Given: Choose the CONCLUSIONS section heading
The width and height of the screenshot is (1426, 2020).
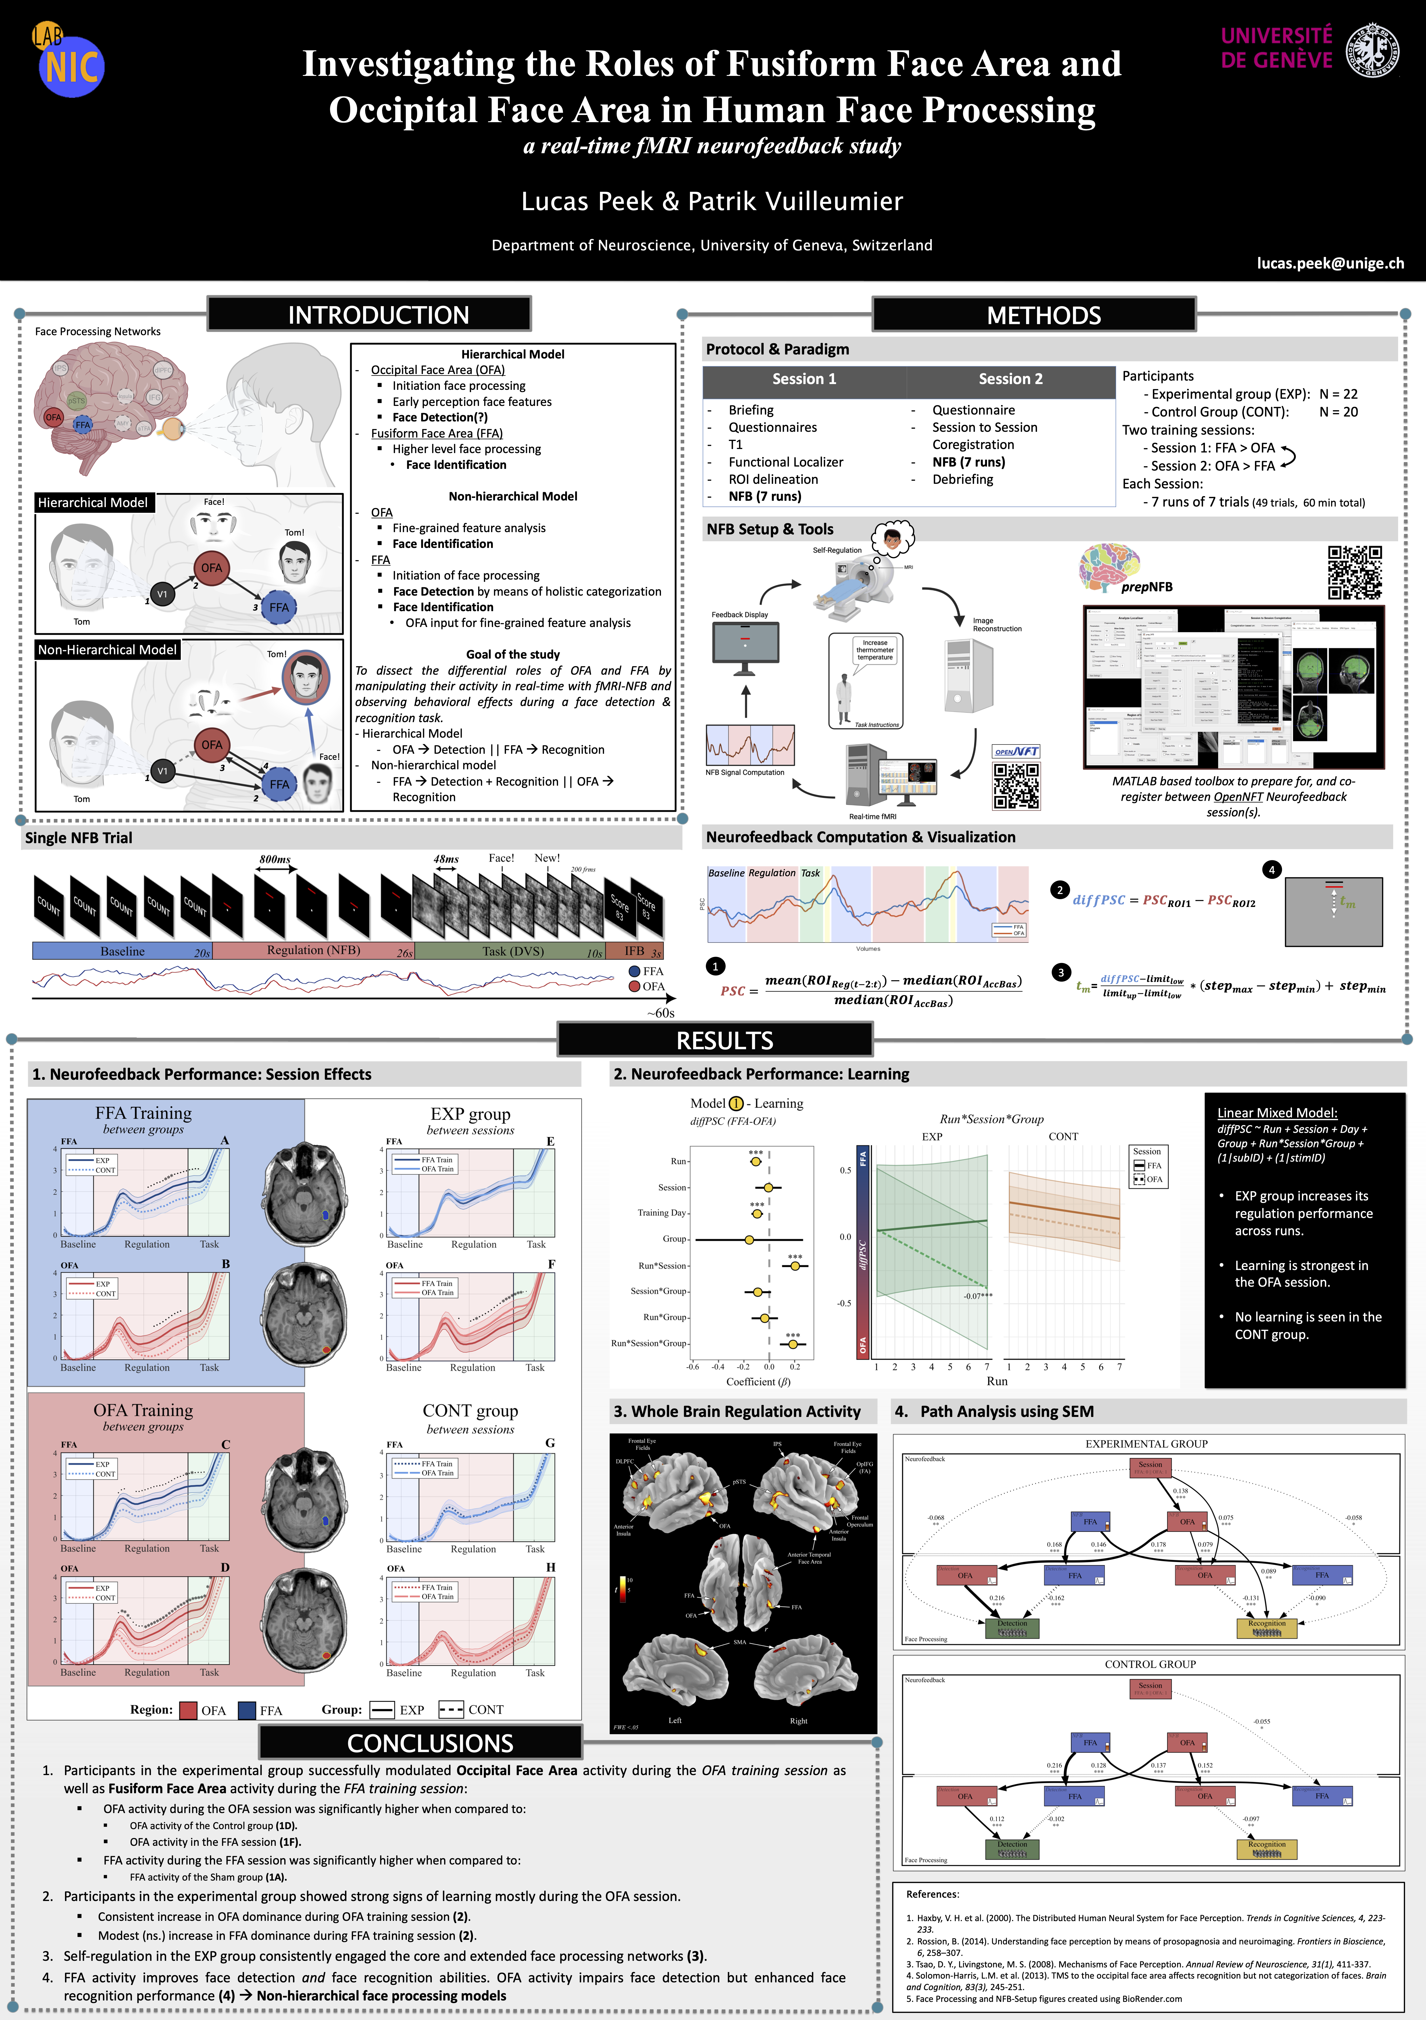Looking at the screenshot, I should (430, 1743).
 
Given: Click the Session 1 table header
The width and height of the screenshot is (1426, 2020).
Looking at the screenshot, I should (804, 379).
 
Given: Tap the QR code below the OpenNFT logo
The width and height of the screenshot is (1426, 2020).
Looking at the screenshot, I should (1016, 786).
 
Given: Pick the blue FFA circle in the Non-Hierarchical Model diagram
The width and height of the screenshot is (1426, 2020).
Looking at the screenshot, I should (279, 784).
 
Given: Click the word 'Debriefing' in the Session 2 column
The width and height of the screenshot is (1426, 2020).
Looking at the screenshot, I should (962, 479).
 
